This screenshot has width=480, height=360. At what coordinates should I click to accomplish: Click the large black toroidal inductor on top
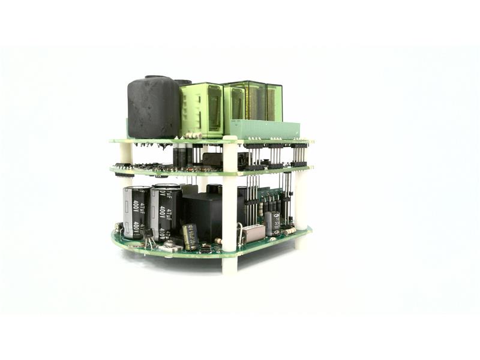pos(154,108)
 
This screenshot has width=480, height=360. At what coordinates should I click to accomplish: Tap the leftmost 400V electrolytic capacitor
pos(136,213)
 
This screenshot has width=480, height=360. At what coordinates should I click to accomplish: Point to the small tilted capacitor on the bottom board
pos(190,236)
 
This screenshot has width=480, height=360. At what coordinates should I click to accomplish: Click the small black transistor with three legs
pos(148,235)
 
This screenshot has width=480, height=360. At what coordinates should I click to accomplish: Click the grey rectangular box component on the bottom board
pos(253,233)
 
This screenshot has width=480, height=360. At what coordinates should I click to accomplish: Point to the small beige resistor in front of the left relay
pos(193,136)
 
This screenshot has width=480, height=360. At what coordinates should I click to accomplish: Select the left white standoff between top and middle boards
pos(125,155)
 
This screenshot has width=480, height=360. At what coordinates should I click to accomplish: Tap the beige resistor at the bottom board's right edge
pos(289,230)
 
